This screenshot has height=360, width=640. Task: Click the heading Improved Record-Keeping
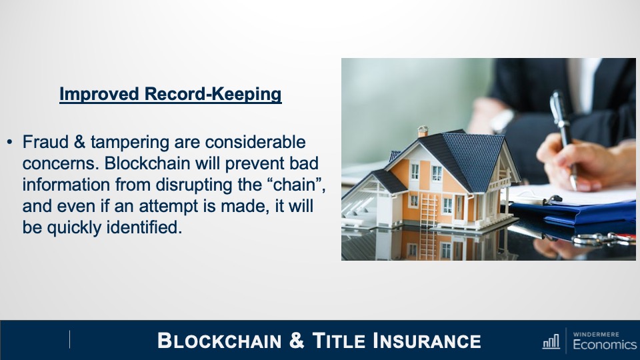click(170, 95)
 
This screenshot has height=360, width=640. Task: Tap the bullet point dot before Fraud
click(10, 143)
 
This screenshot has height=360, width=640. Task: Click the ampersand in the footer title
click(298, 341)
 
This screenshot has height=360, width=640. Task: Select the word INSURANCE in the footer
click(427, 341)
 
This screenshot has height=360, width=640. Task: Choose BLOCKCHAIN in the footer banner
click(219, 341)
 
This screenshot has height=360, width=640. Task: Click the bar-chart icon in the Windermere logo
click(551, 342)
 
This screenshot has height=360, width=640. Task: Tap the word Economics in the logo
click(604, 345)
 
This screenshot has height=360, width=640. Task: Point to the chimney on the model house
click(422, 131)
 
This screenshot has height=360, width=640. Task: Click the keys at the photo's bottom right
click(603, 239)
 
